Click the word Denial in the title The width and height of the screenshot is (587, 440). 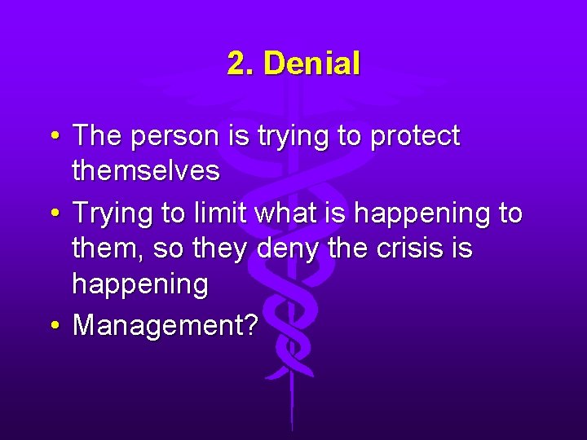click(x=312, y=64)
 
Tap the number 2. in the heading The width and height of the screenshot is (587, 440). click(x=241, y=64)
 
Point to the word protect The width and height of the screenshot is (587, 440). click(x=415, y=137)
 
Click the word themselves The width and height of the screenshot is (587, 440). click(x=146, y=171)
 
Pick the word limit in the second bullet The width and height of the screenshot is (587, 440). click(x=223, y=213)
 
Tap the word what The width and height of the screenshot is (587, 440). click(x=283, y=213)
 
